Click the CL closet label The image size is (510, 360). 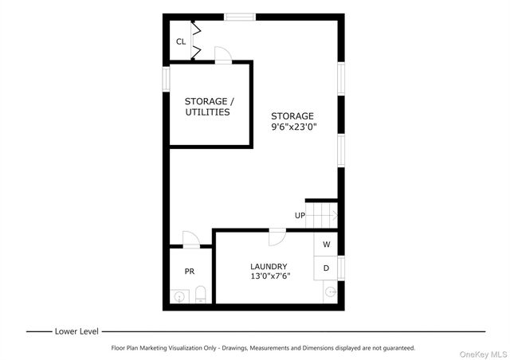[181, 41]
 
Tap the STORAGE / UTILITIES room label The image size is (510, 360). [209, 107]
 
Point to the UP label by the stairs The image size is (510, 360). [300, 215]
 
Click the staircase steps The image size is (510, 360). [323, 214]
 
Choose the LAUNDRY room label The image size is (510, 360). [269, 266]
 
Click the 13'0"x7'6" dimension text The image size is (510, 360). [269, 276]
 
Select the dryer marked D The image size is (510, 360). [327, 267]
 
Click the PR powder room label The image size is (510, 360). [190, 272]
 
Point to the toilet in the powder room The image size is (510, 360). [201, 295]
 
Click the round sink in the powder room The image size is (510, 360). [179, 296]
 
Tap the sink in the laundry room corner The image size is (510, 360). [330, 292]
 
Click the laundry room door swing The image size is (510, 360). [277, 237]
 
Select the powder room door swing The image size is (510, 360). [191, 239]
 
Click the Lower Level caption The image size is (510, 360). [76, 331]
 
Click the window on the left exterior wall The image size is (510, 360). [167, 78]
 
